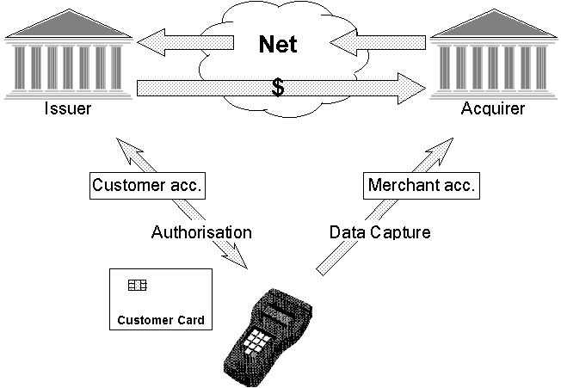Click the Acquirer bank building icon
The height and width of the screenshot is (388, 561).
(491, 60)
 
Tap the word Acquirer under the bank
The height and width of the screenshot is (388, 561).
(492, 109)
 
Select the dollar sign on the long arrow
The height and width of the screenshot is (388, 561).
(278, 88)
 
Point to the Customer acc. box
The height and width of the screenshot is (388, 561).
(148, 186)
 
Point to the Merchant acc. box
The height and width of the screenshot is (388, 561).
(422, 186)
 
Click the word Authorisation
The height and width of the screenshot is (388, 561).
(201, 232)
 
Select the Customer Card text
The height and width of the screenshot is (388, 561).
(161, 321)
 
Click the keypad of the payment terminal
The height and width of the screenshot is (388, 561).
(256, 341)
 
